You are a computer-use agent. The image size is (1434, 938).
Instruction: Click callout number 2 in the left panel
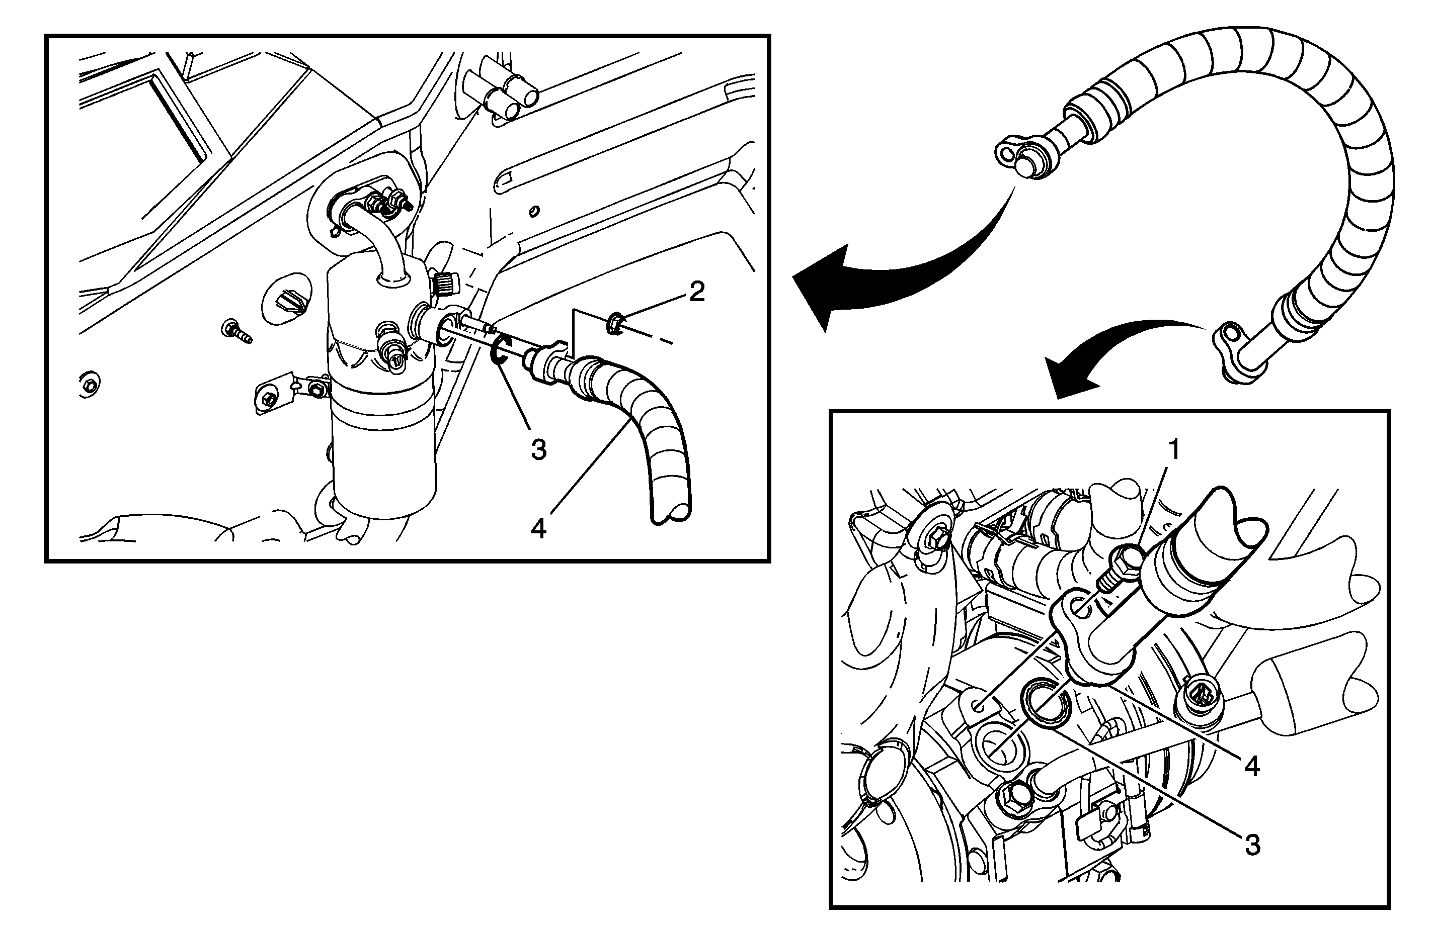697,293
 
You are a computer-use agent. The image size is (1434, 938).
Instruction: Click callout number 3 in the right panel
1252,846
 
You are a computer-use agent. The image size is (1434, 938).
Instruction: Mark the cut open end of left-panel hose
671,512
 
